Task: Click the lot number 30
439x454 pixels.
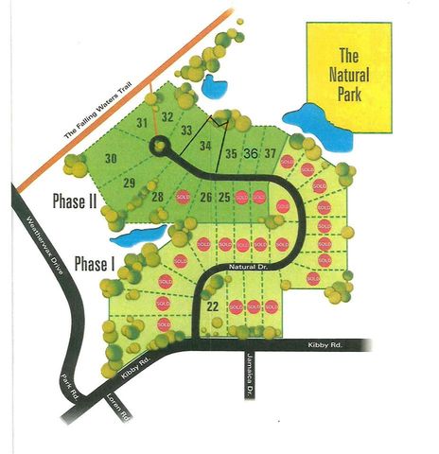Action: (x=111, y=160)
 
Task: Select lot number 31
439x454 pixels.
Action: (x=143, y=123)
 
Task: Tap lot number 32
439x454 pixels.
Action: (x=167, y=117)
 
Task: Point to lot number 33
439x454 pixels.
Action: (x=186, y=131)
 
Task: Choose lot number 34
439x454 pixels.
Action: (x=206, y=146)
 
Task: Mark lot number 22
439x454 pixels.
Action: (x=212, y=306)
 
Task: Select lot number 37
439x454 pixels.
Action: (x=271, y=153)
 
